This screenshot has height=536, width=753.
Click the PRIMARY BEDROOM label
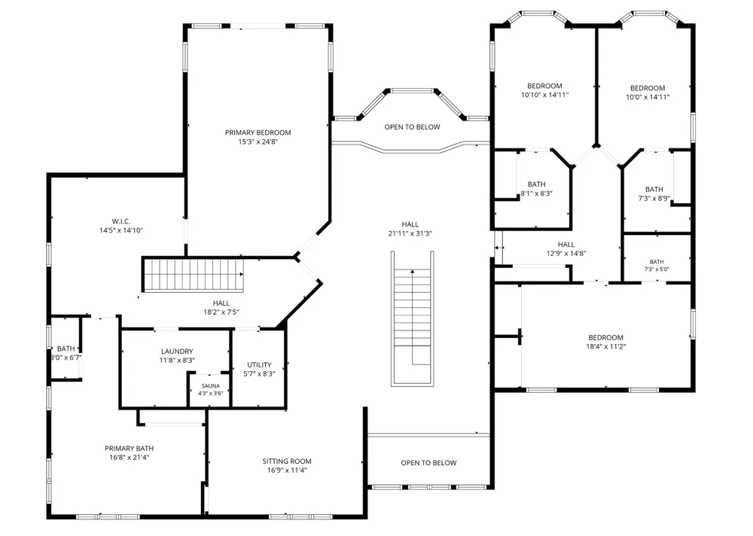click(258, 132)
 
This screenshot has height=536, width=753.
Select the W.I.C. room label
click(121, 221)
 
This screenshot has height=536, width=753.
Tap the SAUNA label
click(210, 386)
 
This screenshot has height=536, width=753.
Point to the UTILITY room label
click(259, 365)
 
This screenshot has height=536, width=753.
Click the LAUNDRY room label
click(177, 352)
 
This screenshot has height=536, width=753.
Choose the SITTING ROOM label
click(287, 461)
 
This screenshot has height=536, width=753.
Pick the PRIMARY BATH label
click(130, 449)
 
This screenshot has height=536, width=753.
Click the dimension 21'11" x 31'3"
click(410, 234)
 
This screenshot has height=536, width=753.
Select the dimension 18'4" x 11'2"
click(605, 346)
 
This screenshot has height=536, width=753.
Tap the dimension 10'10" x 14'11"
click(544, 95)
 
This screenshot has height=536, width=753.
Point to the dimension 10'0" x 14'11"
click(648, 97)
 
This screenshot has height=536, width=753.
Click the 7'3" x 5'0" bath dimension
click(657, 270)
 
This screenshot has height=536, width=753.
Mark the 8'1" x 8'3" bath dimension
click(536, 194)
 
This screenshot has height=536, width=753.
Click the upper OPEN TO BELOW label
click(412, 127)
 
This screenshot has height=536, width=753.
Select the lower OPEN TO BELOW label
click(429, 463)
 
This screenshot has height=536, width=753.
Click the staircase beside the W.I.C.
click(193, 276)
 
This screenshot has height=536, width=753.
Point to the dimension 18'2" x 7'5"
click(221, 312)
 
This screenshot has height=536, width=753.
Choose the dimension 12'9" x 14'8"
click(566, 254)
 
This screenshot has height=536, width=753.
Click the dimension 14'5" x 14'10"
click(121, 230)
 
